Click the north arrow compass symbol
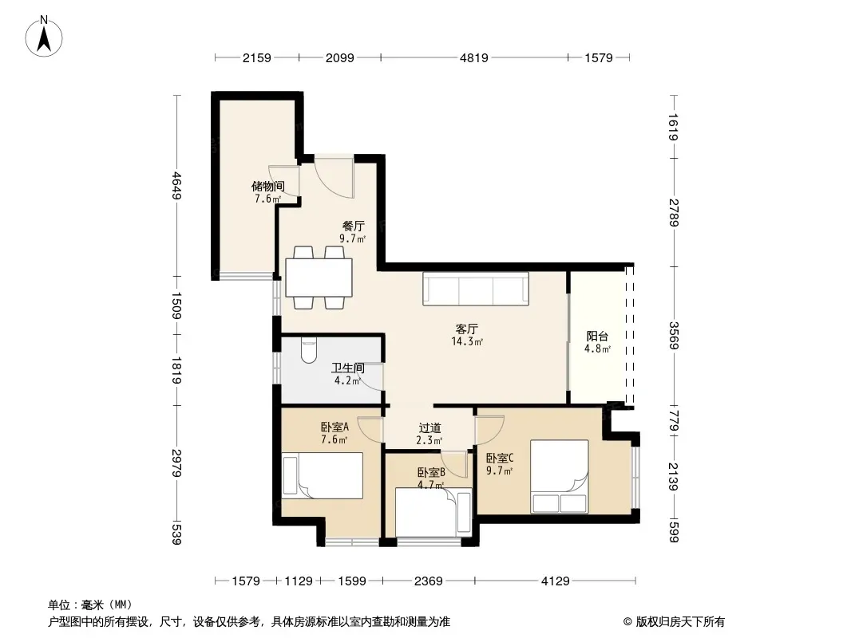[x=44, y=37]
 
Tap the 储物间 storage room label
[x=267, y=187]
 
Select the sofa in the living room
[x=476, y=289]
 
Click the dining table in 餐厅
[x=319, y=278]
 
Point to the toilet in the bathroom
[x=309, y=351]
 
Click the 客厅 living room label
[x=467, y=329]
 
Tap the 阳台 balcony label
[x=597, y=336]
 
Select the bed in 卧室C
[x=560, y=476]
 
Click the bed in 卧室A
[x=323, y=475]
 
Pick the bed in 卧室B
[x=433, y=512]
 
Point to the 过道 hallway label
[x=429, y=428]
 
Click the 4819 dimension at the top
[x=474, y=57]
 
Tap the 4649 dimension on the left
[x=176, y=185]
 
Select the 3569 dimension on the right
[x=674, y=336]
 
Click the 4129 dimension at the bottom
[x=555, y=581]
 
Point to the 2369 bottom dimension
[x=428, y=581]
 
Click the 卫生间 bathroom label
[x=348, y=368]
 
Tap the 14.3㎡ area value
[x=467, y=341]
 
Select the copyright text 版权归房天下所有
[x=680, y=622]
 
